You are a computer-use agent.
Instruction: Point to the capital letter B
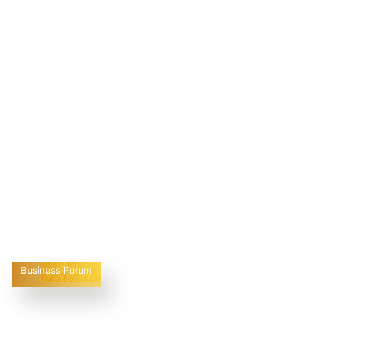coord(23,271)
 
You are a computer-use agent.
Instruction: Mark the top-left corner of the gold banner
coord(12,262)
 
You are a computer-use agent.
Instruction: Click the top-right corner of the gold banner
coord(101,262)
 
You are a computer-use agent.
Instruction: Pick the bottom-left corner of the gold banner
coord(12,287)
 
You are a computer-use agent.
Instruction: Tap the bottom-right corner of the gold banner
coord(101,287)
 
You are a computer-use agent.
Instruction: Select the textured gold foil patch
coord(71,272)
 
